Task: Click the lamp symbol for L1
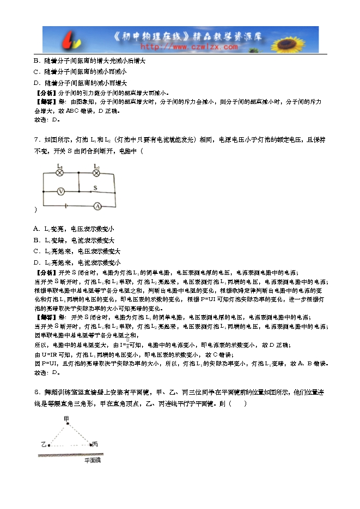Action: [61, 173]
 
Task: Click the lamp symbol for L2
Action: [96, 173]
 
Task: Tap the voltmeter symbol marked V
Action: [62, 191]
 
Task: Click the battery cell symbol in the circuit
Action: [66, 206]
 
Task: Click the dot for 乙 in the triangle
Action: [50, 445]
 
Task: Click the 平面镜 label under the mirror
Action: [93, 461]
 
